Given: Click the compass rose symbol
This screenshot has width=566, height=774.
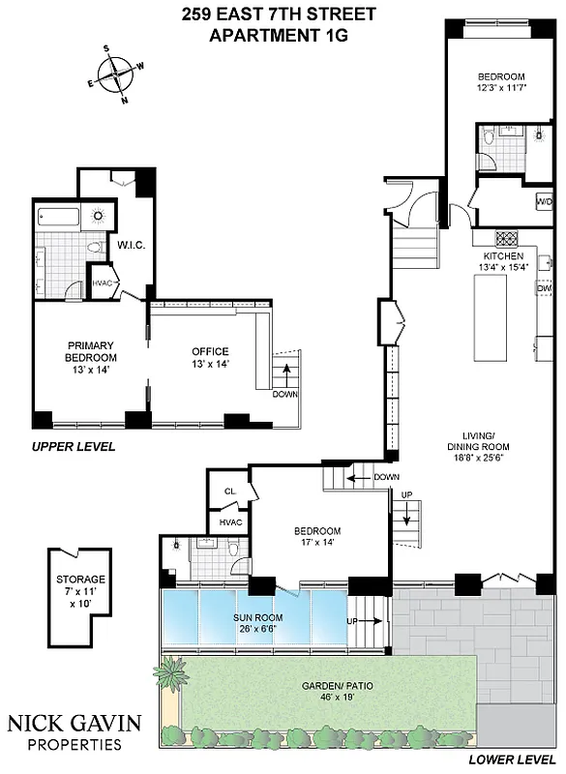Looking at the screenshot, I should click(x=116, y=74).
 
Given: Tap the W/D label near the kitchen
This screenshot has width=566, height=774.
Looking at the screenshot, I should click(x=545, y=201).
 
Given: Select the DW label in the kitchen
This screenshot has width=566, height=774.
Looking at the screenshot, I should click(x=544, y=287).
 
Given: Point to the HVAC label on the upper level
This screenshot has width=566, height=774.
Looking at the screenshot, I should click(x=104, y=283).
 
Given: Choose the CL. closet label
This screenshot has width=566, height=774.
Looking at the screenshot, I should click(x=229, y=491).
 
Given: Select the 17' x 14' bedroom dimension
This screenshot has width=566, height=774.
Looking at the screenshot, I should click(x=317, y=544).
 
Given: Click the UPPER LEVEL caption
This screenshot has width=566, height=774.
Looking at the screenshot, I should click(x=74, y=446).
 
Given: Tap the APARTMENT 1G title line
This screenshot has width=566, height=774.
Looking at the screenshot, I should click(x=278, y=36).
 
